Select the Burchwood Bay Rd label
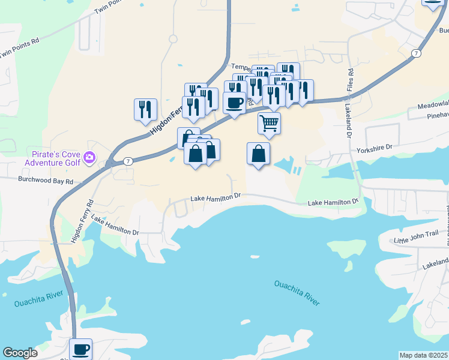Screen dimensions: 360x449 (x=45, y=180)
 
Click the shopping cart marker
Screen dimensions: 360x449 (x=270, y=124)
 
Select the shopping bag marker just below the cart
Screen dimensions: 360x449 (x=258, y=154)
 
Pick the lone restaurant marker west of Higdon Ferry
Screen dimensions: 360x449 (x=145, y=109)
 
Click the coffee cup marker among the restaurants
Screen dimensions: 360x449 (x=234, y=101)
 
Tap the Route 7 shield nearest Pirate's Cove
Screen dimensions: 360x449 (x=128, y=161)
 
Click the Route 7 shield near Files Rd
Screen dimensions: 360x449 (x=415, y=53)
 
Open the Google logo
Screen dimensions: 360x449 (x=20, y=353)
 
